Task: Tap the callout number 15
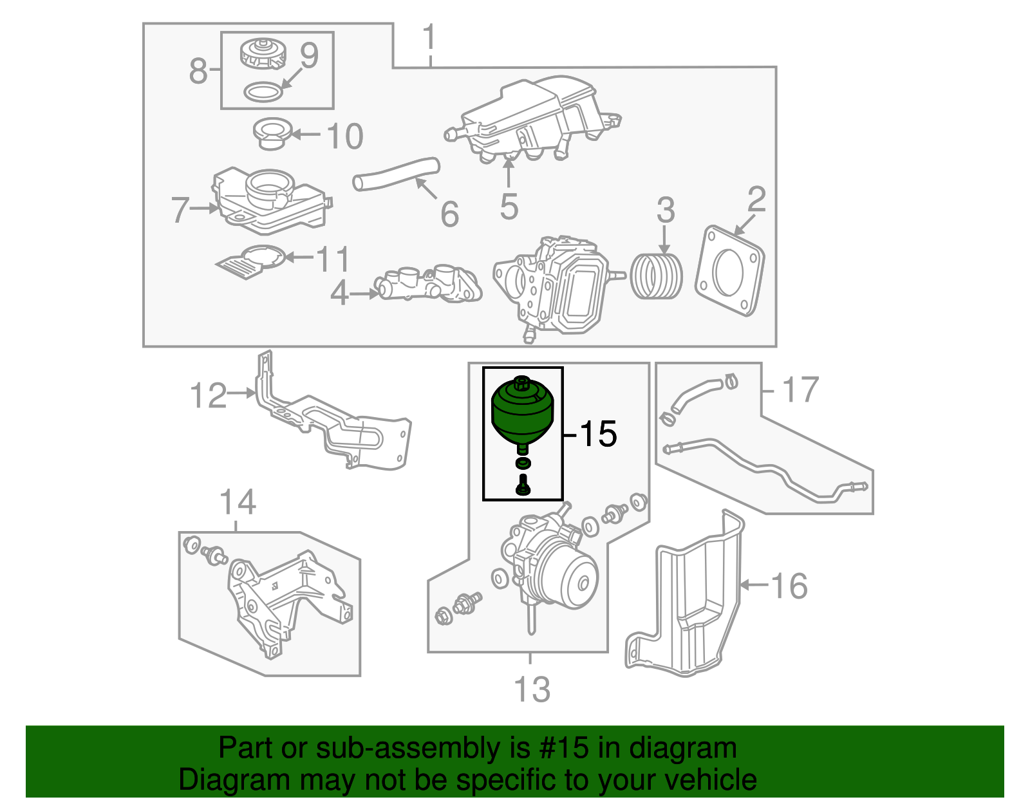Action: (x=598, y=435)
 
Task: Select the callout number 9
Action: (x=309, y=55)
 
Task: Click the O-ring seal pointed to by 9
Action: (x=263, y=92)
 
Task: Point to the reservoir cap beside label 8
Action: (x=262, y=53)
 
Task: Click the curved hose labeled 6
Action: (x=395, y=174)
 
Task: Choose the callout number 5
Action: (x=509, y=207)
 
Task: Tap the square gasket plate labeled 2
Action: (x=729, y=270)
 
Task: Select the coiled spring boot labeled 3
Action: (x=656, y=276)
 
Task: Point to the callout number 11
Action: (x=333, y=259)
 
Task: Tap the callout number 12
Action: (x=209, y=395)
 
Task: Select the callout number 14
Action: (x=238, y=502)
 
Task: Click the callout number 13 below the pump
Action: (x=532, y=689)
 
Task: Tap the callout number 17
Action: (x=800, y=390)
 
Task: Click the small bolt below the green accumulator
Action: (x=523, y=484)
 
